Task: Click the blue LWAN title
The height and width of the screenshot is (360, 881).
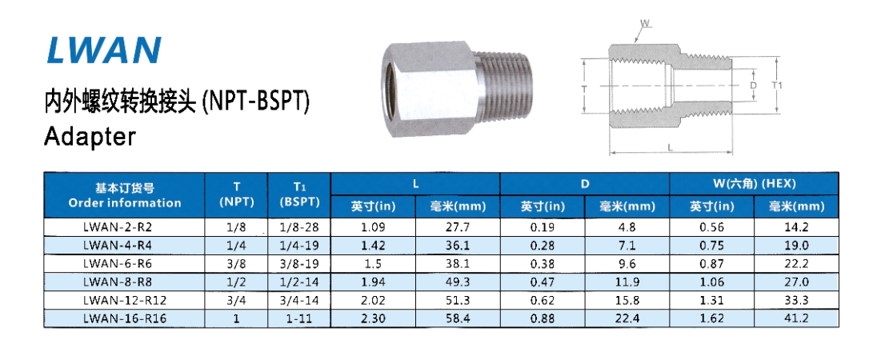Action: pyautogui.click(x=105, y=50)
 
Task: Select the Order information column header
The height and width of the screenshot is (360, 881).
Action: pyautogui.click(x=125, y=195)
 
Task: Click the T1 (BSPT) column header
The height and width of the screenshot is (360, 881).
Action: pyautogui.click(x=299, y=195)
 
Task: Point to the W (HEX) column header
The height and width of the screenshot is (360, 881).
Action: pyautogui.click(x=754, y=184)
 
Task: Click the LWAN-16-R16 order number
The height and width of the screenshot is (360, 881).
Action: pyautogui.click(x=125, y=318)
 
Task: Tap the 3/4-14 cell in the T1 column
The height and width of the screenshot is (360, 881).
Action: pyautogui.click(x=299, y=301)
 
